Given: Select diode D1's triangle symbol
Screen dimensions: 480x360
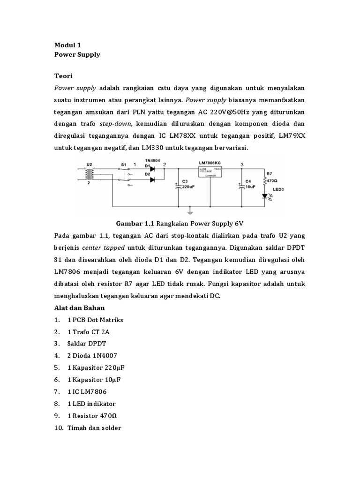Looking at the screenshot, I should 152,169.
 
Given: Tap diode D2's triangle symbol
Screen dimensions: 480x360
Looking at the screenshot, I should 152,180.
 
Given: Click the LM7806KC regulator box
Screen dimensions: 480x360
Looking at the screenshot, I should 210,171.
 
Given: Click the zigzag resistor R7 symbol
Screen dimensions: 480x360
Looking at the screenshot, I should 265,181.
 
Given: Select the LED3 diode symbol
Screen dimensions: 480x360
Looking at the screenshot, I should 265,196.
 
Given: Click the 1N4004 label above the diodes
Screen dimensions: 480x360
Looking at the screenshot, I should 152,160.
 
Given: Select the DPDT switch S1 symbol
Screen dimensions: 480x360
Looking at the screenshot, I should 125,175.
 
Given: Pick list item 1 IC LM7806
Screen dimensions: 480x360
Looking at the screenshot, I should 90,391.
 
